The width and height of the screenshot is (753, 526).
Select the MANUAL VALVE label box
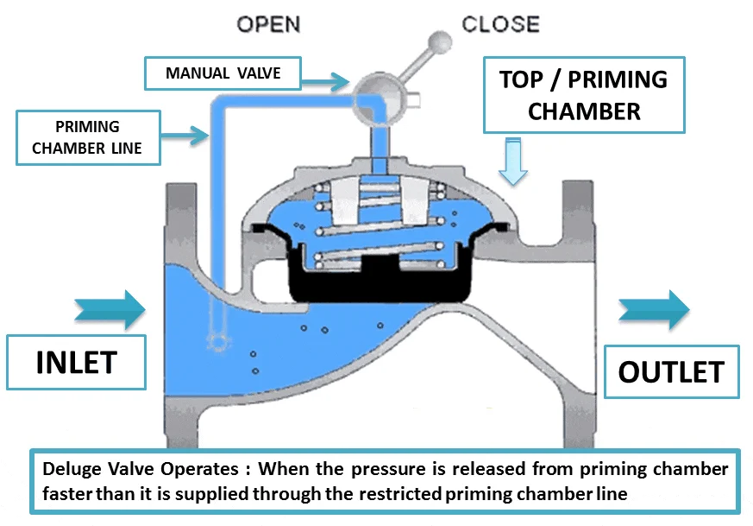[x=223, y=73]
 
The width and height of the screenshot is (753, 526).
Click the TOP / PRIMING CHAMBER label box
[x=584, y=95]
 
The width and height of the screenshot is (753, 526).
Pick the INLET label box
[x=76, y=363]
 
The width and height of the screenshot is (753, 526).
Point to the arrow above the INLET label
[x=110, y=309]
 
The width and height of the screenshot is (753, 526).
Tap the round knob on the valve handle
[x=441, y=41]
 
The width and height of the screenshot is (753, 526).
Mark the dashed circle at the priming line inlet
[x=219, y=343]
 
